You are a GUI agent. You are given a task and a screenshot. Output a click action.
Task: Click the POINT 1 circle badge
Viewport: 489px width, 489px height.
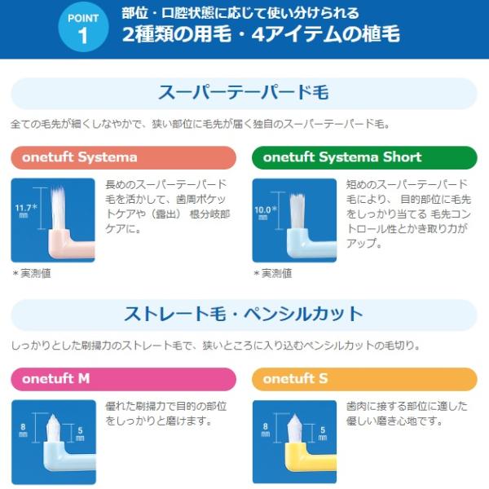83,27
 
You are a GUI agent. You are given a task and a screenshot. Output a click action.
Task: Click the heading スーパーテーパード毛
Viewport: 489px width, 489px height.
244,93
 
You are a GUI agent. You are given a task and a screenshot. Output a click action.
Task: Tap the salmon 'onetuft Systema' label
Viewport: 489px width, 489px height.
124,157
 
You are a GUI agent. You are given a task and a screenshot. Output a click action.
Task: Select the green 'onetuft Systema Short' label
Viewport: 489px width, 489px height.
364,157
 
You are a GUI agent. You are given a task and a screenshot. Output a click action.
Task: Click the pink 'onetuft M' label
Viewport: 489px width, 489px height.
124,379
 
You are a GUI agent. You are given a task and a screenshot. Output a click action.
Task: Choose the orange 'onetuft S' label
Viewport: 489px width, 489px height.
364,379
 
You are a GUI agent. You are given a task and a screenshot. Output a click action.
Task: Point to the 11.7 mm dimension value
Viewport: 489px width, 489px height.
25,210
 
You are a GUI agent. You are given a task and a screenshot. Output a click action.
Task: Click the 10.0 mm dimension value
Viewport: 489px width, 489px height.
265,213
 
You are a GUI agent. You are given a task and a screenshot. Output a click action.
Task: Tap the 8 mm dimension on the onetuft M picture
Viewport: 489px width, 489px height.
23,430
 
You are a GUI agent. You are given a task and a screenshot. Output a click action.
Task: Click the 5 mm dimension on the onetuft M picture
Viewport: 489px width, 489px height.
80,434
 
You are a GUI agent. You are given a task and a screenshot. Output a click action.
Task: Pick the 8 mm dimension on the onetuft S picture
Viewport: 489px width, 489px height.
266,430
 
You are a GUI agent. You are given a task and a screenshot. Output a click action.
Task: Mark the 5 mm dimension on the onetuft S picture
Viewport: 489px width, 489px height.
323,434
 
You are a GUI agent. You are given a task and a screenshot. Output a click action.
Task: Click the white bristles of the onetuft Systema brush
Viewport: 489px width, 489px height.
58,209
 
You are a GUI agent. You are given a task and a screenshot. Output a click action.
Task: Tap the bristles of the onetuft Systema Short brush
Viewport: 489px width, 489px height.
297,211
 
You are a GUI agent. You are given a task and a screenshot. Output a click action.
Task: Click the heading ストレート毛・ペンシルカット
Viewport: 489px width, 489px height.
244,314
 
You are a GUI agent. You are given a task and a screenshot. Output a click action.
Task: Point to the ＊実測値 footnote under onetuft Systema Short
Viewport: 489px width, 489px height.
272,274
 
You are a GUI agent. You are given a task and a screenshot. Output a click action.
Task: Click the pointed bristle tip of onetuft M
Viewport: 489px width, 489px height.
52,416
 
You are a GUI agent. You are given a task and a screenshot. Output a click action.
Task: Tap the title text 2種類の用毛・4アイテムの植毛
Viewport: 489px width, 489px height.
261,34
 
